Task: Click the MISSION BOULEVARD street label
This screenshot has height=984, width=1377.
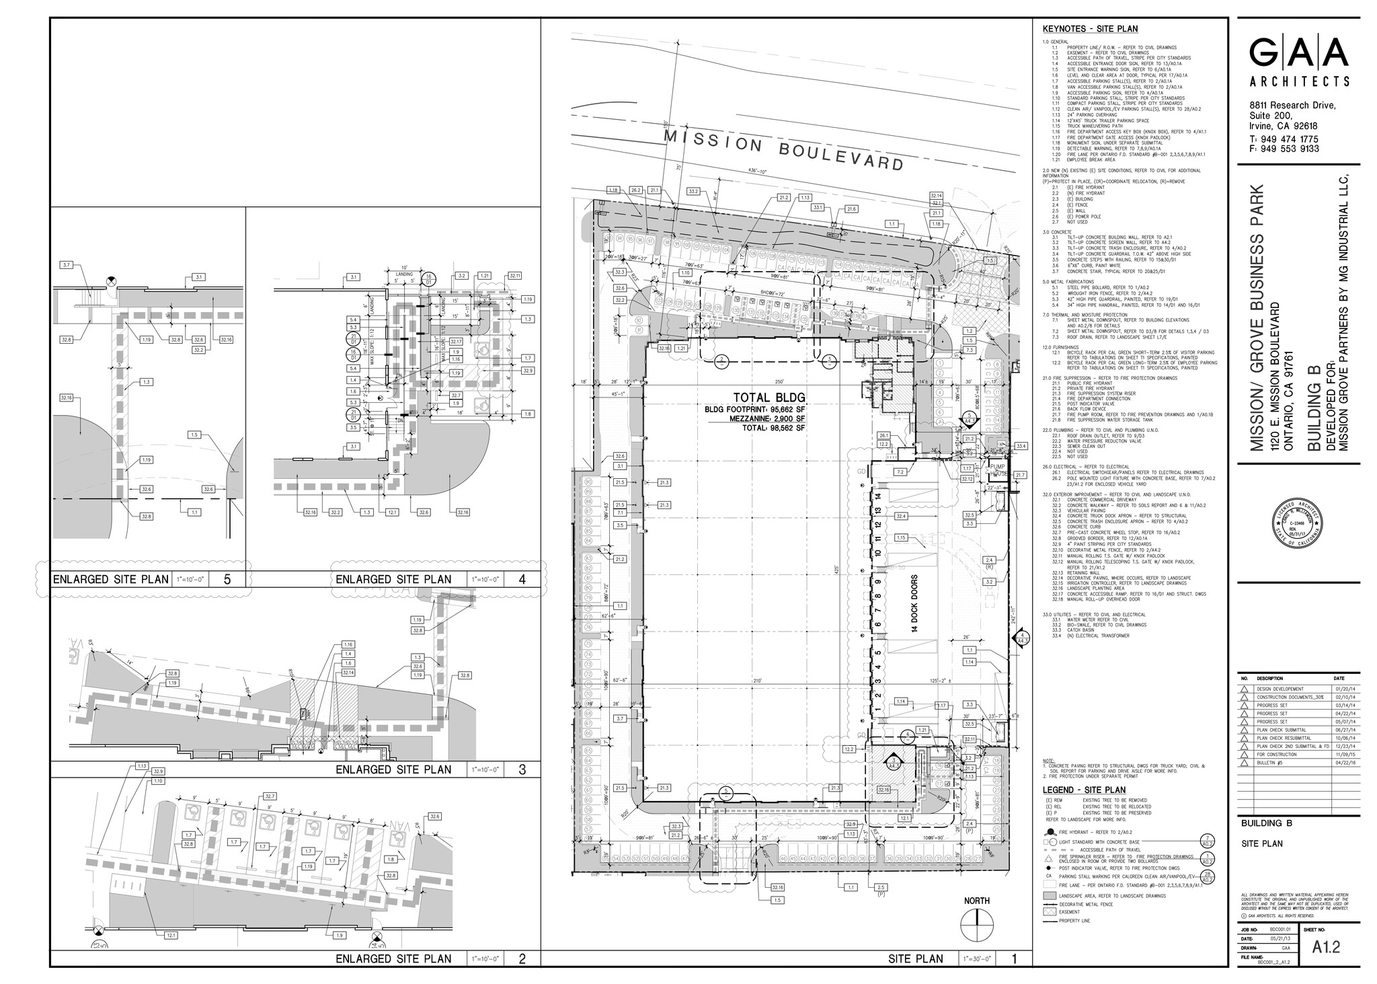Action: [783, 151]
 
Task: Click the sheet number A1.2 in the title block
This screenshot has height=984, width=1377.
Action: [1326, 947]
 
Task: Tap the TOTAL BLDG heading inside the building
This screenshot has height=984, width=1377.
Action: [754, 397]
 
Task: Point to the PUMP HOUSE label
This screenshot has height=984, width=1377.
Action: [996, 469]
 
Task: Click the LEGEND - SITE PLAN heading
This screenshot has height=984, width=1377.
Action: [1084, 790]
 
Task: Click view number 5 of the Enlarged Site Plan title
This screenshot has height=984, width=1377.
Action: [227, 579]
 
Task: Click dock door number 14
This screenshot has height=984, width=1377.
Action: [877, 496]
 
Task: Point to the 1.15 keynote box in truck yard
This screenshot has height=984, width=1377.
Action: [902, 538]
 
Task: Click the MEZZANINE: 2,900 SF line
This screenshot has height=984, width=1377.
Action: [754, 418]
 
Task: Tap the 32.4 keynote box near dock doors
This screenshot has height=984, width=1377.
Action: [902, 516]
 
